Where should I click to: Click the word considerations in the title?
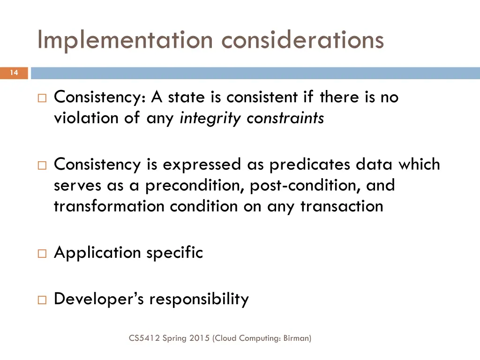(x=303, y=40)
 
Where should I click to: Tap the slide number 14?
(x=14, y=73)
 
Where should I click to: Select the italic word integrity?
(x=211, y=118)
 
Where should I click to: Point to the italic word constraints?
(x=285, y=118)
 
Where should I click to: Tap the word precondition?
(x=195, y=185)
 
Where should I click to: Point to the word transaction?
(x=342, y=206)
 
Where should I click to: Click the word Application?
(x=97, y=253)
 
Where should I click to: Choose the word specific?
(x=174, y=253)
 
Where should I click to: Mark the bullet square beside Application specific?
(x=42, y=254)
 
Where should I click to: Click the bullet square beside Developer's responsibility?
(x=42, y=300)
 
